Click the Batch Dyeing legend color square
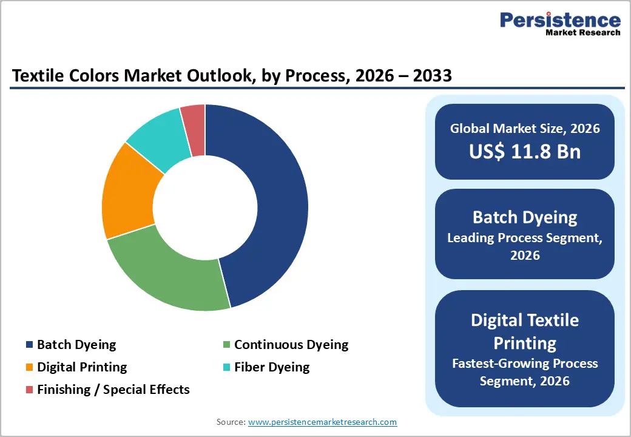[x=29, y=345]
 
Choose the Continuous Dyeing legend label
[x=291, y=345]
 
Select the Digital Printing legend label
[x=82, y=367]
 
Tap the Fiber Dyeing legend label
[x=272, y=367]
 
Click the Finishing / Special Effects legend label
[x=113, y=390]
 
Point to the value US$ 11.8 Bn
[x=525, y=152]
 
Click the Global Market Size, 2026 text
[x=525, y=128]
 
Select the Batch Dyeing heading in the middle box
[x=525, y=217]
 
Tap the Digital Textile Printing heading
[x=525, y=331]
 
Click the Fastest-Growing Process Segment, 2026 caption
[x=525, y=372]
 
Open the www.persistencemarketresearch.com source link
[x=322, y=422]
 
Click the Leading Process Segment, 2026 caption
[x=525, y=246]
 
